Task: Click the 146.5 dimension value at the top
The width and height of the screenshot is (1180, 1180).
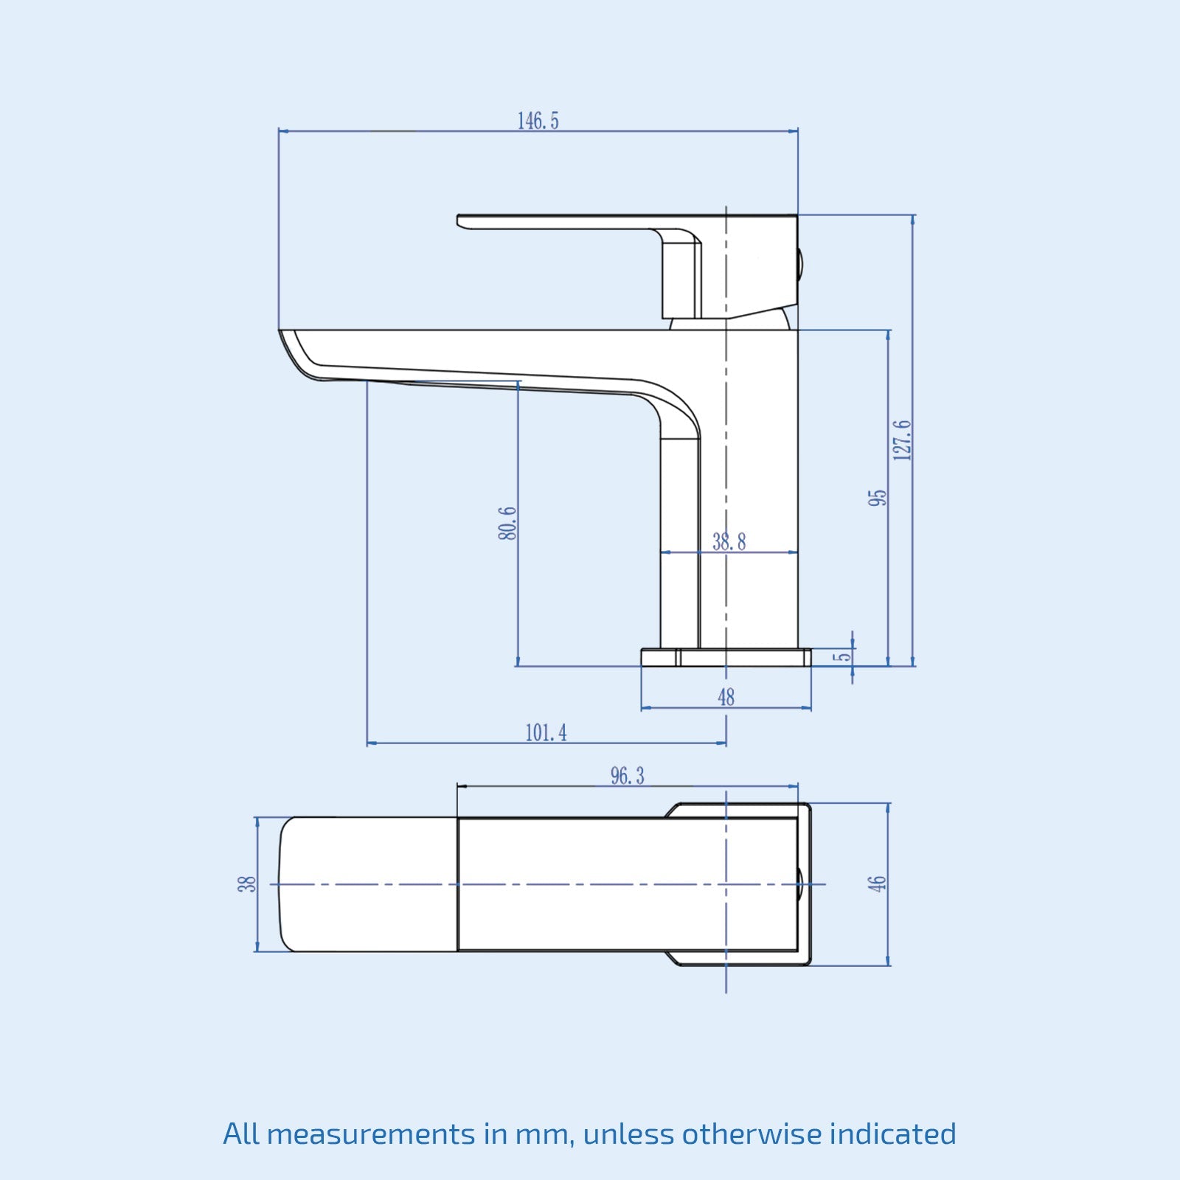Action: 538,121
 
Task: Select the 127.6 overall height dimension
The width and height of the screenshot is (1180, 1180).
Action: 902,440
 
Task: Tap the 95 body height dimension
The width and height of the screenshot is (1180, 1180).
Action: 878,497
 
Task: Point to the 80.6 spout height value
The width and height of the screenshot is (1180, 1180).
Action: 507,523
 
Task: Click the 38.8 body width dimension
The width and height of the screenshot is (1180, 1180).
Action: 729,542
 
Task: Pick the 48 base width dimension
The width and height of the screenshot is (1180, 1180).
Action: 726,697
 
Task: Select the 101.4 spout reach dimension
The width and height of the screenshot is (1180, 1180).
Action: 546,733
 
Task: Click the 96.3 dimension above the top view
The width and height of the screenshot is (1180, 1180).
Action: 627,776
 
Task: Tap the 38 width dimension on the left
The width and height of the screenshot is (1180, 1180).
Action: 247,884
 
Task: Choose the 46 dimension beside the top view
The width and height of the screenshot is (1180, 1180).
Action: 876,884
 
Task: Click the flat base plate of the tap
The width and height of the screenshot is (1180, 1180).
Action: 726,657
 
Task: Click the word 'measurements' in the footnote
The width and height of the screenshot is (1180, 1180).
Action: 370,1134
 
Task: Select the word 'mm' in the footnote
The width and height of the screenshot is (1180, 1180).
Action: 545,1134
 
